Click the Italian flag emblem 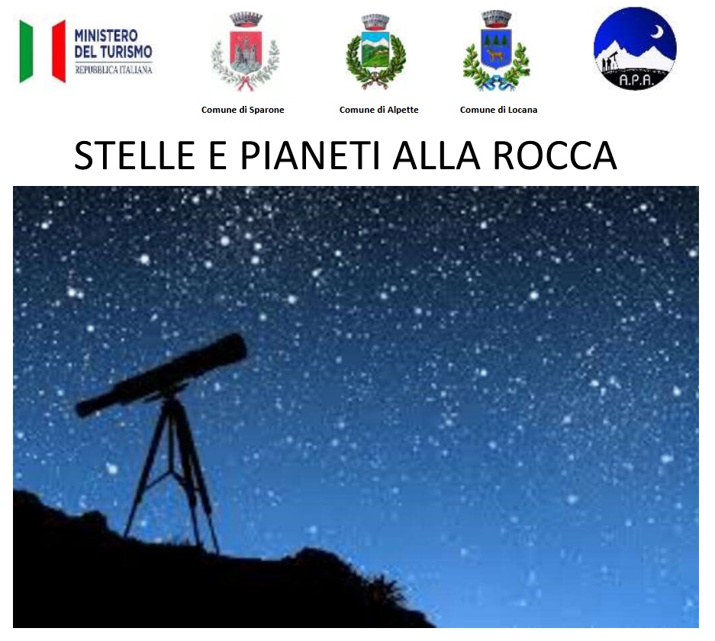[43, 51]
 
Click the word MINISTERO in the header [106, 36]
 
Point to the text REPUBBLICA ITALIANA [113, 69]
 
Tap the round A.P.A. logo [635, 48]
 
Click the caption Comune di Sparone [243, 110]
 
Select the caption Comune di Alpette [378, 110]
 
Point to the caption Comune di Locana [498, 110]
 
